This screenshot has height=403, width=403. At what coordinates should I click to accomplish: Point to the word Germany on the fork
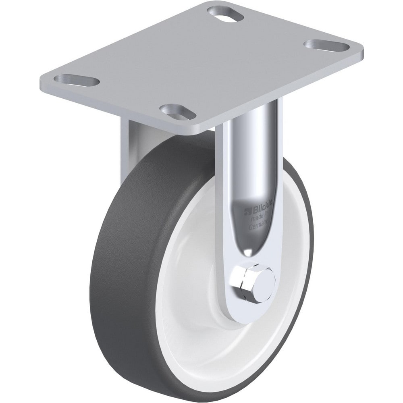pyautogui.click(x=259, y=226)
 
